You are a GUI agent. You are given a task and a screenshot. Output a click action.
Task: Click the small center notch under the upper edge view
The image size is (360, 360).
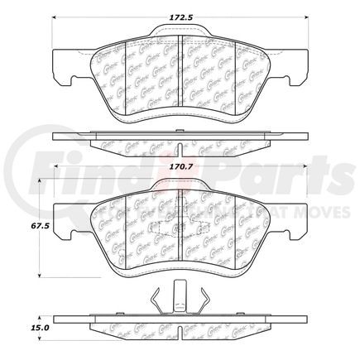180,146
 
